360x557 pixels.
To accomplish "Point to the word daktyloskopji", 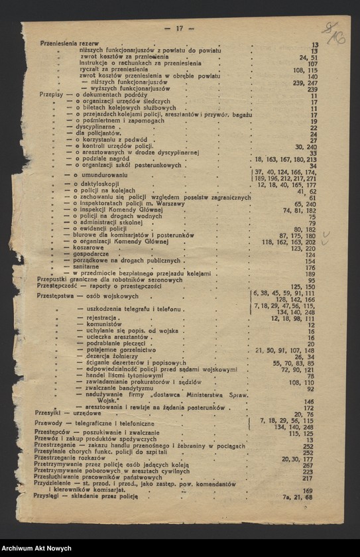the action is click(x=97, y=183).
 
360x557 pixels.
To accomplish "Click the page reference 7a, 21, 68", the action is click(x=298, y=497).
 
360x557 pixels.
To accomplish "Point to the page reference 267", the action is click(x=308, y=465).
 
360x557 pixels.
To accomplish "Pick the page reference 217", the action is click(x=308, y=477).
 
